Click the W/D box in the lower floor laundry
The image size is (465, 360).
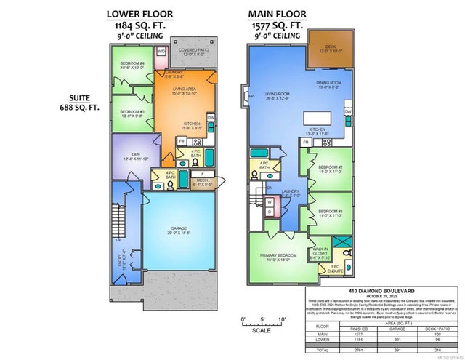[161, 52]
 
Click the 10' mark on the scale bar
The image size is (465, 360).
[281, 320]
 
